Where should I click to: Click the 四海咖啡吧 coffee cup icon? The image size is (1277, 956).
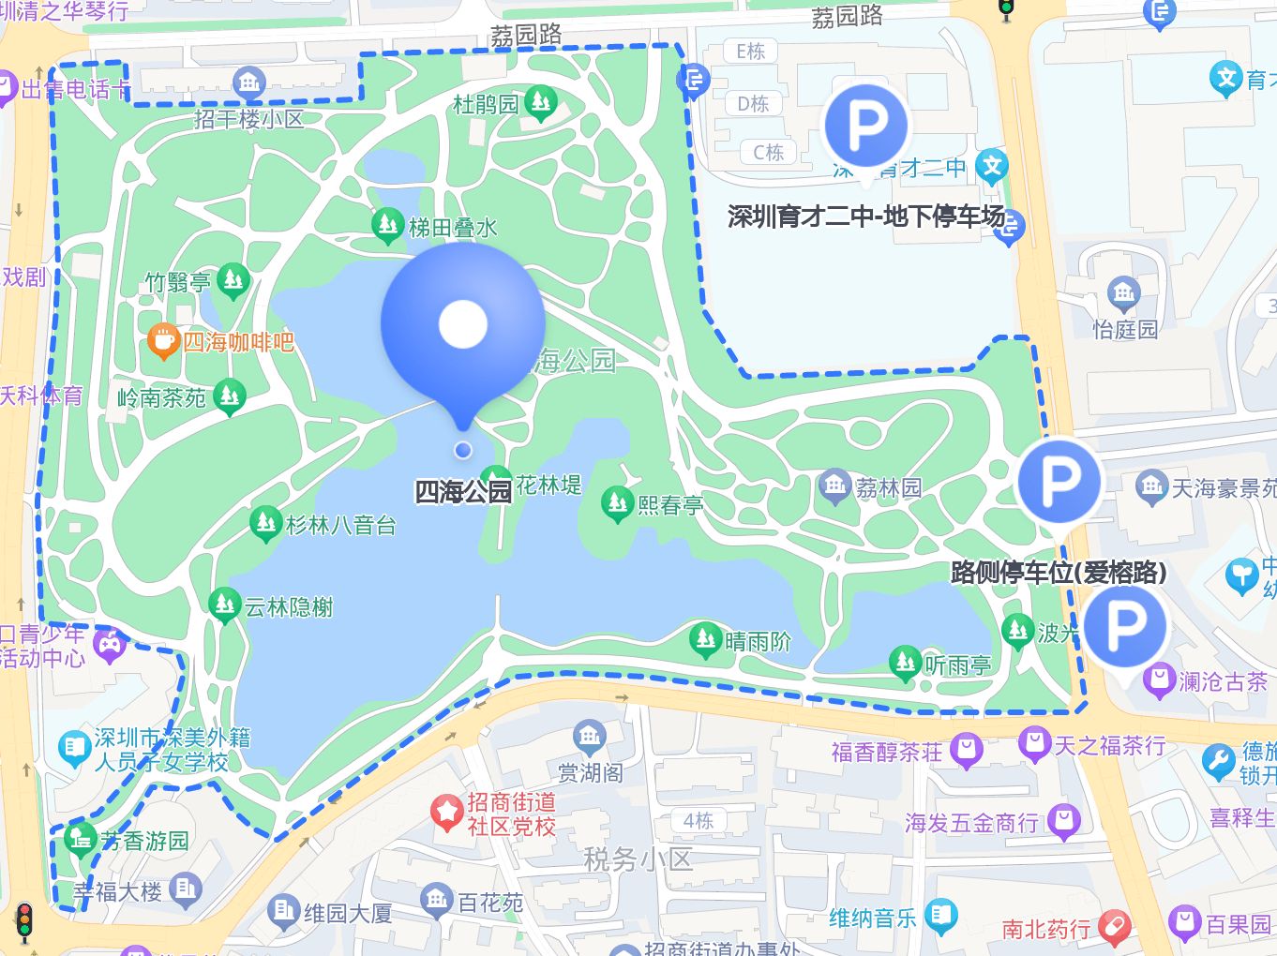coord(163,342)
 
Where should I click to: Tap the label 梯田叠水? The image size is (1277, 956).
coord(453,228)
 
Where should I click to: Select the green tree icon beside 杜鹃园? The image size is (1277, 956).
coord(540,101)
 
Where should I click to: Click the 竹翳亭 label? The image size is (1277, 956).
coord(177,282)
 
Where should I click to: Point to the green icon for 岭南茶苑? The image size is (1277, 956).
coord(229,396)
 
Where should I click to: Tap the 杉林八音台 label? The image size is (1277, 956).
coord(341,525)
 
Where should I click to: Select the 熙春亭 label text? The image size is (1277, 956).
coord(670,506)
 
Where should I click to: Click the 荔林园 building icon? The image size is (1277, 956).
coord(834,485)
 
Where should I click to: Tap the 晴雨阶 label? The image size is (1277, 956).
coord(759,642)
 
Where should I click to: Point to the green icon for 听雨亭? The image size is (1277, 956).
coord(905,663)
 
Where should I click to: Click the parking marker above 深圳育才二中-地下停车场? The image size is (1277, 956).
coord(865,125)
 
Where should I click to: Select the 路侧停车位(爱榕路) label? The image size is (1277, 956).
coord(1059,572)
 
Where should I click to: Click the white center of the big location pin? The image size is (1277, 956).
coord(463,324)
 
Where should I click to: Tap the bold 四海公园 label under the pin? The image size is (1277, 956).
coord(463,491)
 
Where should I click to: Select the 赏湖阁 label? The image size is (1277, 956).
coord(590,773)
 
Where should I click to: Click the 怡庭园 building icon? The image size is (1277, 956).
coord(1123,293)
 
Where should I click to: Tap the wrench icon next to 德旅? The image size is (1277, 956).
coord(1219,762)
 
